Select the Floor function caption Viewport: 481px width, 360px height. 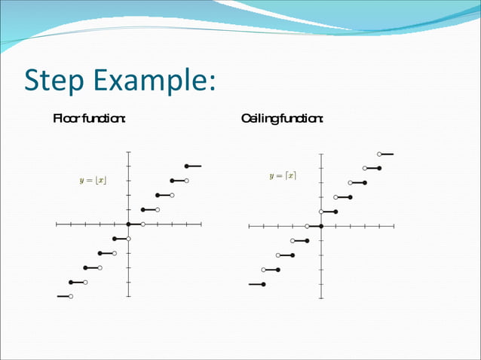[x=89, y=118]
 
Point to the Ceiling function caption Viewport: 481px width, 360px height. [x=282, y=118]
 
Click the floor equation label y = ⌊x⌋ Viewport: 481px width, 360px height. [x=93, y=181]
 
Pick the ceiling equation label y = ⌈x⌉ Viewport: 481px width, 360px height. [x=283, y=176]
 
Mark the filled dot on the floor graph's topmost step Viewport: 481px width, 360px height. [x=186, y=166]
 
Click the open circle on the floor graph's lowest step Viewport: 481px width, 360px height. [x=71, y=297]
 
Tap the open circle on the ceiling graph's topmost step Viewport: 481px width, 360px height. [x=379, y=154]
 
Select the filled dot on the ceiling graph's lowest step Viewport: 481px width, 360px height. [x=263, y=284]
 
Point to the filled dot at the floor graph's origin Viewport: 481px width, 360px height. [x=128, y=224]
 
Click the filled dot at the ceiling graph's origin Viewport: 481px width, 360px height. [x=321, y=226]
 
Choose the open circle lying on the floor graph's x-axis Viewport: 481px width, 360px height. [x=143, y=224]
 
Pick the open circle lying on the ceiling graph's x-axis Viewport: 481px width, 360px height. [x=307, y=226]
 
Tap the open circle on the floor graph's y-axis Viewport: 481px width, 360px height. [x=129, y=239]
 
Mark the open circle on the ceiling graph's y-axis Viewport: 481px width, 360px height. [x=321, y=212]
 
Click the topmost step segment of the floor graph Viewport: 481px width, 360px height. [x=194, y=166]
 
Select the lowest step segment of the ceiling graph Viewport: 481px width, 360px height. [x=256, y=284]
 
